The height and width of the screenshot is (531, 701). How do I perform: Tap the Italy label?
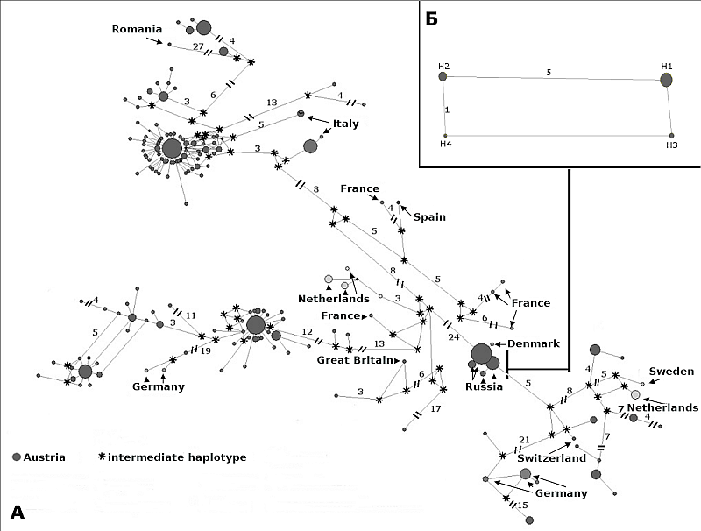click(x=345, y=124)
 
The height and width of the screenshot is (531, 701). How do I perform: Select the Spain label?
click(x=430, y=217)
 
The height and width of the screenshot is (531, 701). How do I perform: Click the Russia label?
click(x=484, y=386)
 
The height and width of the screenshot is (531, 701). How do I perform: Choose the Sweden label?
click(x=671, y=372)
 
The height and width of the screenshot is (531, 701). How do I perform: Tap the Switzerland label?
click(x=551, y=458)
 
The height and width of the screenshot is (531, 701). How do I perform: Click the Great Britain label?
click(x=355, y=359)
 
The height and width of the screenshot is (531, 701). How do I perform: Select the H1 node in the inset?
click(x=666, y=80)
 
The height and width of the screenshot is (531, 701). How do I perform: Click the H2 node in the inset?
click(x=443, y=77)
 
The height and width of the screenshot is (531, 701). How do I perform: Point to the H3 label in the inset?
click(x=671, y=145)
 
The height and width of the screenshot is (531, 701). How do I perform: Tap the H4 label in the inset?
click(x=445, y=145)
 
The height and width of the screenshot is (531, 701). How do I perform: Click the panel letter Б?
click(x=431, y=19)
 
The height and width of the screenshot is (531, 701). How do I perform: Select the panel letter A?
click(x=18, y=513)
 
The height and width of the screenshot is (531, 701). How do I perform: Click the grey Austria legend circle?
click(x=16, y=457)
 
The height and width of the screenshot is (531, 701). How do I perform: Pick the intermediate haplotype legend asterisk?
click(x=102, y=457)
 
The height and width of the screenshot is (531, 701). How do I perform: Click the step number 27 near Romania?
click(x=198, y=46)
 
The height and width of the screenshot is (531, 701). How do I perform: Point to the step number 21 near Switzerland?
click(x=524, y=440)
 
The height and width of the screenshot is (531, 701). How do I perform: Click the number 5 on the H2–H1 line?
click(x=549, y=72)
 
